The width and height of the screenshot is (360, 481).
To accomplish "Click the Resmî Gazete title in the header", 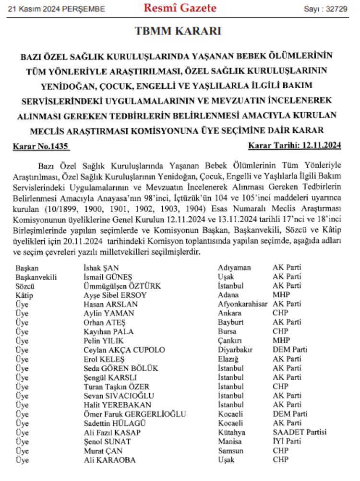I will [x=180, y=8].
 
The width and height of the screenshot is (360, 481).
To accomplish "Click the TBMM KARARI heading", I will [x=180, y=32].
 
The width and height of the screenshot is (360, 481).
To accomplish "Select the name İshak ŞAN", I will [x=101, y=268].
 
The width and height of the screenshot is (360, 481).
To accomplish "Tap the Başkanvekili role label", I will [x=36, y=277].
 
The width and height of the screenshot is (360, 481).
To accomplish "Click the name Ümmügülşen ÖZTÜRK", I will [x=122, y=286].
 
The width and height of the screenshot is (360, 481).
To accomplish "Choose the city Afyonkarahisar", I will [x=242, y=305].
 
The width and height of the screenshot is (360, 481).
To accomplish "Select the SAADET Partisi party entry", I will [x=300, y=433].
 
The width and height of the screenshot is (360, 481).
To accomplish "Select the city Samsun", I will [x=230, y=451].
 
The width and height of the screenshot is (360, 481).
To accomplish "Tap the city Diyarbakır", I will [x=235, y=350].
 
